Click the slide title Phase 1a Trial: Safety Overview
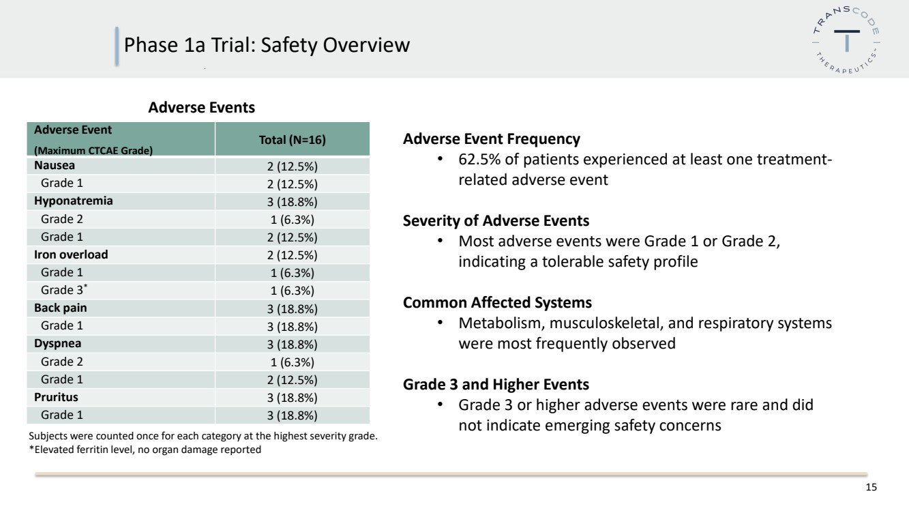[267, 45]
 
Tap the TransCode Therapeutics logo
[846, 40]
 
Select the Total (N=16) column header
[292, 140]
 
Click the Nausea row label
[55, 166]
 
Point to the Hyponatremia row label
[74, 201]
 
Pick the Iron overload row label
[71, 254]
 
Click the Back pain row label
[61, 308]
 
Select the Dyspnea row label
[58, 344]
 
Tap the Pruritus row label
[56, 397]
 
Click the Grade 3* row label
[64, 290]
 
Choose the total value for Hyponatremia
[292, 202]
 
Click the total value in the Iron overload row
[292, 255]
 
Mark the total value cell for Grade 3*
[292, 291]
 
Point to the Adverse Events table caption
[202, 108]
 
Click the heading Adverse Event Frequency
[492, 139]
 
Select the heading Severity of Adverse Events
[496, 221]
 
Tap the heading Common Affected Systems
[497, 303]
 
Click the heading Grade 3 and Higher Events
[496, 384]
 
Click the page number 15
[871, 487]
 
